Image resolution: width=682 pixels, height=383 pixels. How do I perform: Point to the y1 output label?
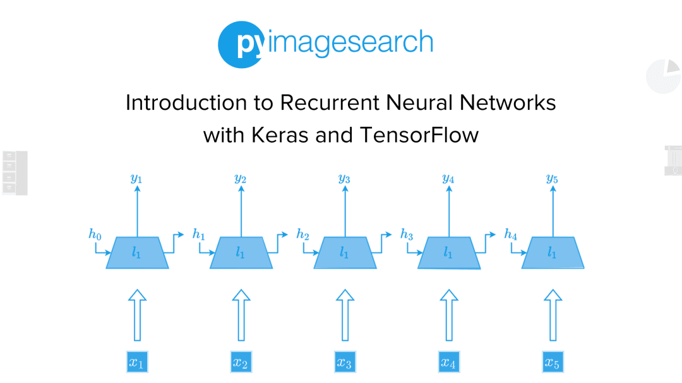pos(136,179)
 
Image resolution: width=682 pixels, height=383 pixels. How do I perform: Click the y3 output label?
pos(344,179)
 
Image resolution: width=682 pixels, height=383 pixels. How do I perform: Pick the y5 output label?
pos(552,179)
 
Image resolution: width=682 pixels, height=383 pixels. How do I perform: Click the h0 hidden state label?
pos(95,235)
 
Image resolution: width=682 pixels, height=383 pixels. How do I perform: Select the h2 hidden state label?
pos(302,235)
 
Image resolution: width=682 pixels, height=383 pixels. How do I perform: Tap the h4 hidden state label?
pos(510,235)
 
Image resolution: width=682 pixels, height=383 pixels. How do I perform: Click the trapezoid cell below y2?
pos(241,253)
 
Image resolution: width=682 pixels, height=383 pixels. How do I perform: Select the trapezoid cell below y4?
pos(448,253)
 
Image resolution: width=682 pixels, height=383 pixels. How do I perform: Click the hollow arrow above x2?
pos(241,315)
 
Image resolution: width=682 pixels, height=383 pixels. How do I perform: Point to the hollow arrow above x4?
pos(448,315)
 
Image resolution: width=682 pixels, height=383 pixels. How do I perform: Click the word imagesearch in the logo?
pos(347,43)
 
